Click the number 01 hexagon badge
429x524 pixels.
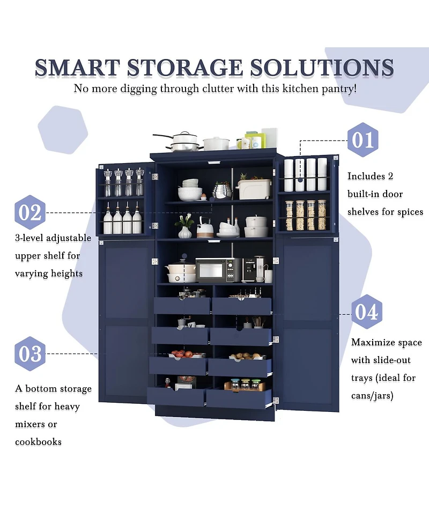363,140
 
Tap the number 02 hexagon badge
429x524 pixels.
30,212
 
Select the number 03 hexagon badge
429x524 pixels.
30,354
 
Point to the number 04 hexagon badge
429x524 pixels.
367,312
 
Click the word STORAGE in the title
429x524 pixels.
186,68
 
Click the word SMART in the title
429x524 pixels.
77,68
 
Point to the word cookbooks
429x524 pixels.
38,442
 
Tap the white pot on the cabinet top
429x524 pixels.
216,143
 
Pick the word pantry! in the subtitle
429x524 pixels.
338,89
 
